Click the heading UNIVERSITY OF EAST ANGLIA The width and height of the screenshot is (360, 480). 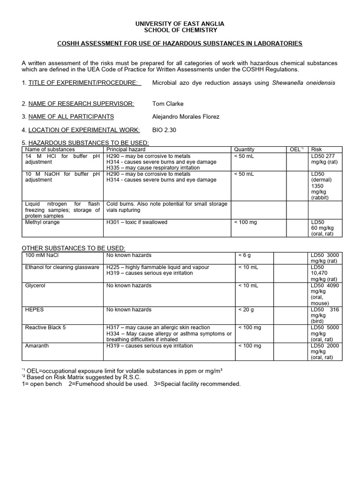click(x=180, y=23)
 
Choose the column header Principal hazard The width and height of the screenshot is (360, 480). click(x=125, y=150)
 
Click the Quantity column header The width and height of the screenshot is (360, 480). click(x=244, y=150)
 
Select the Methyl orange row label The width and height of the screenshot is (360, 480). click(x=43, y=222)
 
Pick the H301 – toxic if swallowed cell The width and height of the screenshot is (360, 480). click(x=137, y=222)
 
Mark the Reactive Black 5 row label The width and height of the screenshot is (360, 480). click(x=45, y=328)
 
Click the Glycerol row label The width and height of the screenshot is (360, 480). click(x=35, y=285)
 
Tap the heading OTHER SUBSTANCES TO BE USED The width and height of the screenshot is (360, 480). click(x=74, y=247)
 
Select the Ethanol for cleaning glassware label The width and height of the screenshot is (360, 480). click(x=62, y=267)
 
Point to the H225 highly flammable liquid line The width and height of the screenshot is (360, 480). click(x=157, y=267)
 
